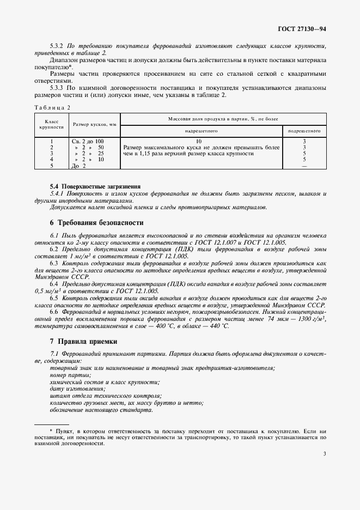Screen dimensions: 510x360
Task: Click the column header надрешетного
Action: tap(201, 131)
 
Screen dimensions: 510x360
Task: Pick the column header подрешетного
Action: tap(304, 131)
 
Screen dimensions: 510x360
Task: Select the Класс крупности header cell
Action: tap(51, 125)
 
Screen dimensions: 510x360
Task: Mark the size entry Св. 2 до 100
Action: tap(88, 141)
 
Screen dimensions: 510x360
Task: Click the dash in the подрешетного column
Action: tap(304, 166)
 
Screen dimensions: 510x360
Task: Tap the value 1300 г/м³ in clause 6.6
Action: tap(312, 319)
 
